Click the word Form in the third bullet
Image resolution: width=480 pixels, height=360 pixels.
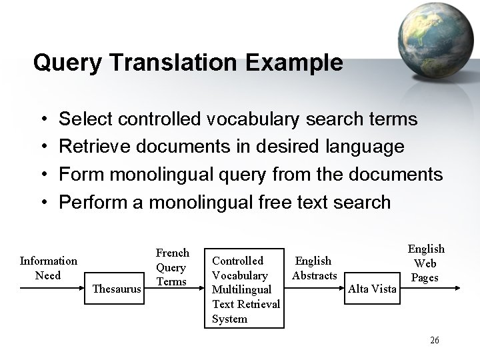click(79, 175)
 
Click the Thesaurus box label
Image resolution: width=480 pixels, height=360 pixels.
click(117, 289)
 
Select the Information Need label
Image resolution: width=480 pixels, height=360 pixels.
click(48, 268)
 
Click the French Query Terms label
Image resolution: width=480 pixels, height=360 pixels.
click(173, 267)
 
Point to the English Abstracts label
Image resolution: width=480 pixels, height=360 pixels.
click(313, 268)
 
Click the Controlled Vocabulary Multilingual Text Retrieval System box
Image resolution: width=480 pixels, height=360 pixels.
click(247, 289)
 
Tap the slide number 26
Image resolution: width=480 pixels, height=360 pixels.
click(435, 340)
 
